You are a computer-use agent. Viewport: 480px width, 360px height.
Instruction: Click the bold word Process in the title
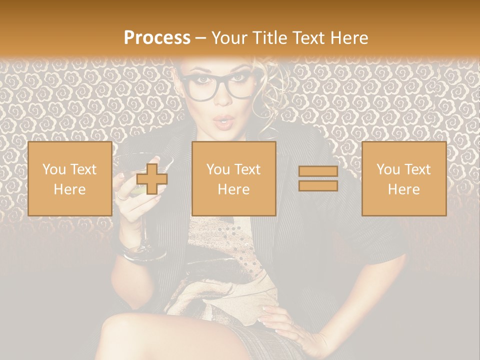[157, 38]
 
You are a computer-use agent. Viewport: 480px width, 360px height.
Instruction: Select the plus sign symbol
[152, 178]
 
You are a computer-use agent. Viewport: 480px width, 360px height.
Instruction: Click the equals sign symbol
[318, 178]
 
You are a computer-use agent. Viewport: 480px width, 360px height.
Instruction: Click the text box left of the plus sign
[69, 178]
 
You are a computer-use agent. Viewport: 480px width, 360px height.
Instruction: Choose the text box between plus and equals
[233, 178]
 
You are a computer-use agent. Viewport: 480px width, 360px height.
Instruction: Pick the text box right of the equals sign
[403, 178]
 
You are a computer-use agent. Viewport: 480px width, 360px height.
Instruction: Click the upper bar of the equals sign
[318, 171]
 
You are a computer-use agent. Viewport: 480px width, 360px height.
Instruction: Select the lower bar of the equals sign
[318, 185]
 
